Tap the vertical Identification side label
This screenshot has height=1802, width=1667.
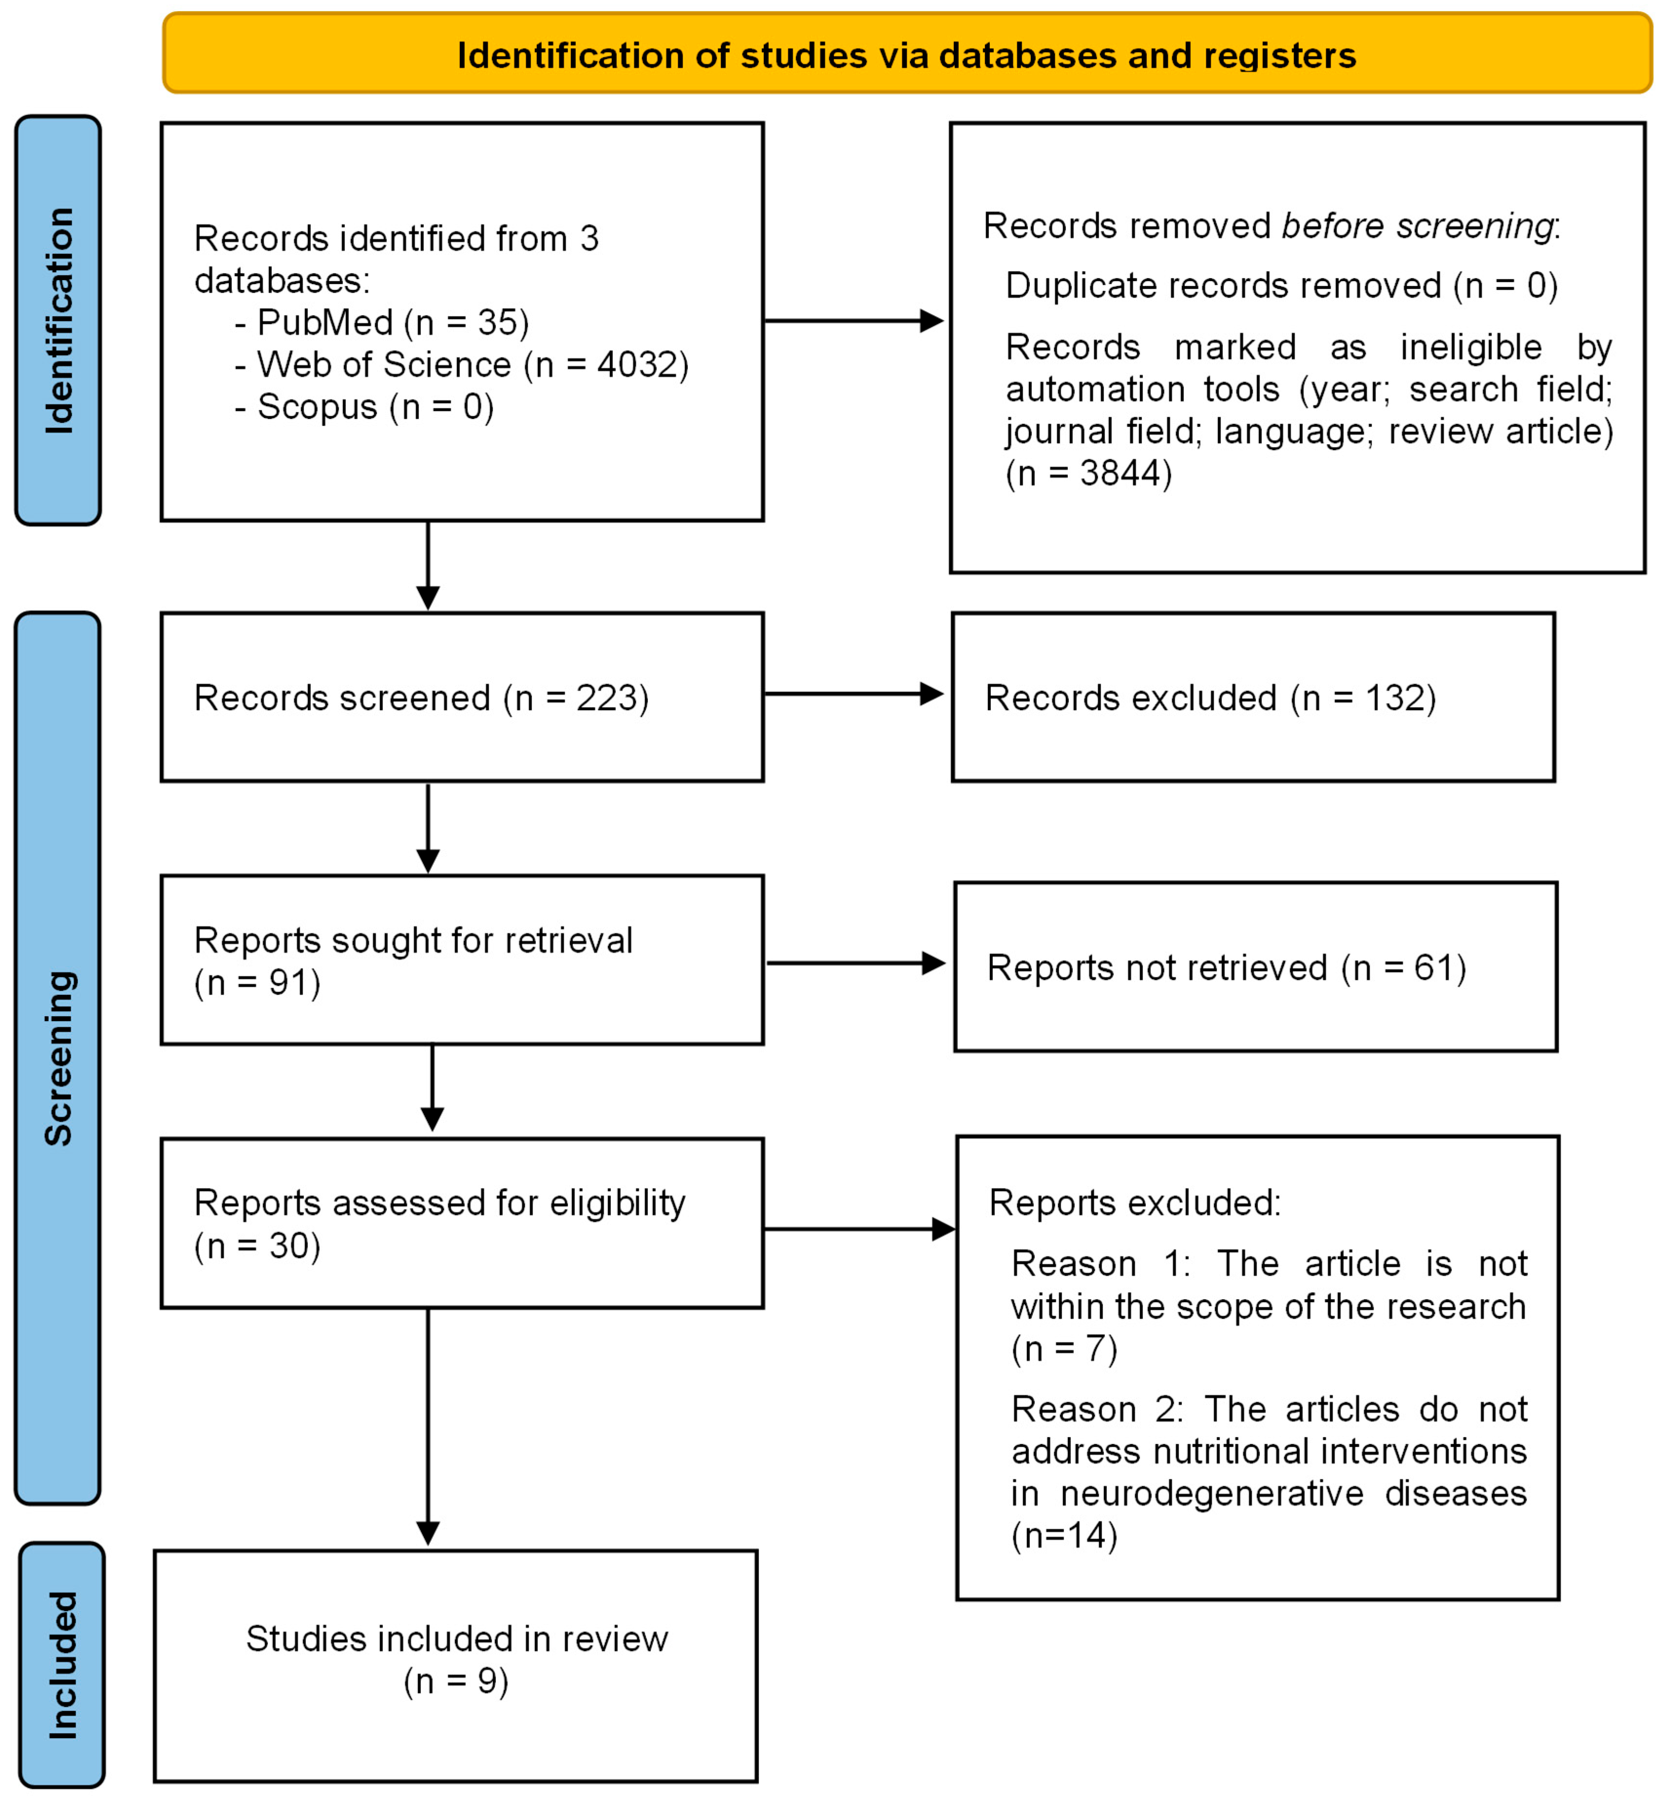click(58, 320)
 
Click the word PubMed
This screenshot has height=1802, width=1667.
click(325, 323)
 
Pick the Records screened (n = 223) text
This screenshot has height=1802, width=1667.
click(421, 698)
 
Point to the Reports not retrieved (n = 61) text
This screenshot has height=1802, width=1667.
click(1227, 967)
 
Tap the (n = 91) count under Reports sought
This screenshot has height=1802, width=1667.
click(257, 983)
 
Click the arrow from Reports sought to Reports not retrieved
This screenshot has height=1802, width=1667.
click(855, 963)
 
